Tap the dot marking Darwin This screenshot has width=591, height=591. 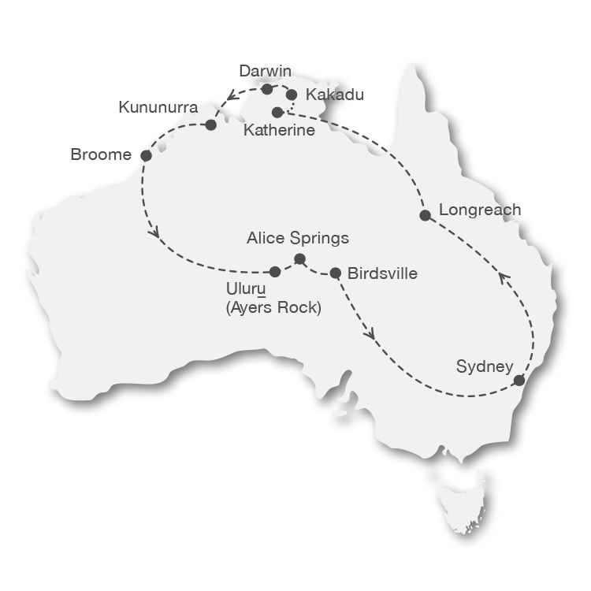(x=267, y=89)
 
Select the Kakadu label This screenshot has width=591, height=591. (x=335, y=95)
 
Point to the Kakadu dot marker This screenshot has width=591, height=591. (x=292, y=95)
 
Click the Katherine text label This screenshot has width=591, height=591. (x=279, y=130)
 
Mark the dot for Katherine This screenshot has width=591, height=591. (x=277, y=113)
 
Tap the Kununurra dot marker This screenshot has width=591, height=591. (x=210, y=125)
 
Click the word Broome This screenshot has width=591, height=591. (x=101, y=155)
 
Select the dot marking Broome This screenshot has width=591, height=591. (x=146, y=156)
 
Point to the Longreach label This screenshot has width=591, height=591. (x=480, y=210)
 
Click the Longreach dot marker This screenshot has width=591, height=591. (x=425, y=215)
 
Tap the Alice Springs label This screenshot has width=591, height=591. (x=297, y=237)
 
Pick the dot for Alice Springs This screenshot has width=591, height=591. (x=299, y=258)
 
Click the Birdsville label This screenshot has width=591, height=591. (x=382, y=273)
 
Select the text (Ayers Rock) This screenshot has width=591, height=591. (x=273, y=309)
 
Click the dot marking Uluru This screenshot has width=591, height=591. (x=275, y=272)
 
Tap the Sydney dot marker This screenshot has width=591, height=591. (x=519, y=381)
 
